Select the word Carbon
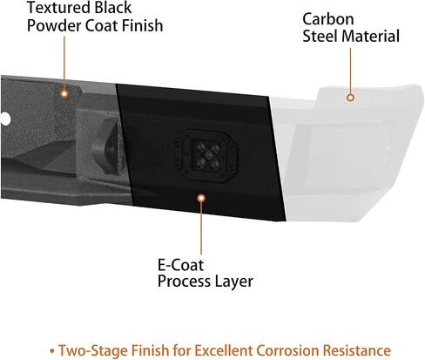click(x=328, y=19)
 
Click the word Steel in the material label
click(x=320, y=37)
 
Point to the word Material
click(x=371, y=37)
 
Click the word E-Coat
click(x=180, y=265)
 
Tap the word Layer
click(x=233, y=282)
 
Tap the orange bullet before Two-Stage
click(x=52, y=351)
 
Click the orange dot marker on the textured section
click(x=64, y=93)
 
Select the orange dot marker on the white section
click(x=350, y=98)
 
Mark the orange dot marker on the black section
click(x=201, y=198)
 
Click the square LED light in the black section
click(x=206, y=156)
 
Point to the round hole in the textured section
click(x=5, y=119)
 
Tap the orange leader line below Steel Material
click(x=350, y=71)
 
